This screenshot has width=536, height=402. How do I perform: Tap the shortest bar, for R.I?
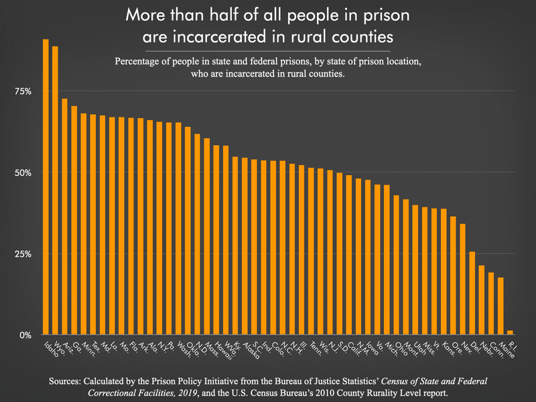[510, 332]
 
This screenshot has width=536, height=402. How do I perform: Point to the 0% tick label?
[25, 335]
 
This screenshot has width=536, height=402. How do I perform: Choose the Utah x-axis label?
[419, 350]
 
